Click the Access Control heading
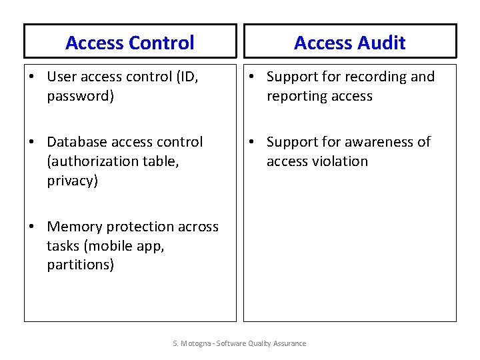point(130,43)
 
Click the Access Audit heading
point(349,43)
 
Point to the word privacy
point(72,181)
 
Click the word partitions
point(80,265)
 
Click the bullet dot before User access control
point(32,77)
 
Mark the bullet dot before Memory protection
point(32,227)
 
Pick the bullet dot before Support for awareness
point(252,143)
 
